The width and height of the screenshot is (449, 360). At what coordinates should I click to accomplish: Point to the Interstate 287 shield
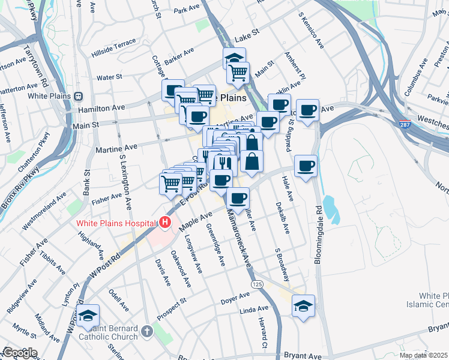point(406,124)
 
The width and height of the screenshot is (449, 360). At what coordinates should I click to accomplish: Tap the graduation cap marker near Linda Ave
point(303,306)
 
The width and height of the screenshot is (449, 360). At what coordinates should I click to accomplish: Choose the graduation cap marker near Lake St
point(235,58)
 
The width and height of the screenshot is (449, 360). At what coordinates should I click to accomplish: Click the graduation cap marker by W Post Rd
point(88,316)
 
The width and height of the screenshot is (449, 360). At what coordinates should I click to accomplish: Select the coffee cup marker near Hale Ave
point(306,166)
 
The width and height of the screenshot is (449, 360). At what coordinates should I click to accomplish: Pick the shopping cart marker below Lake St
point(238,73)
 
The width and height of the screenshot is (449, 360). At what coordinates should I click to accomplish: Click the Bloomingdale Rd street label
point(318,235)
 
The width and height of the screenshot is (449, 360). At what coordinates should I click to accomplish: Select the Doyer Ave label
point(235,299)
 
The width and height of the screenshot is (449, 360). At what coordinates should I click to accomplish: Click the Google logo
point(20,353)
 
